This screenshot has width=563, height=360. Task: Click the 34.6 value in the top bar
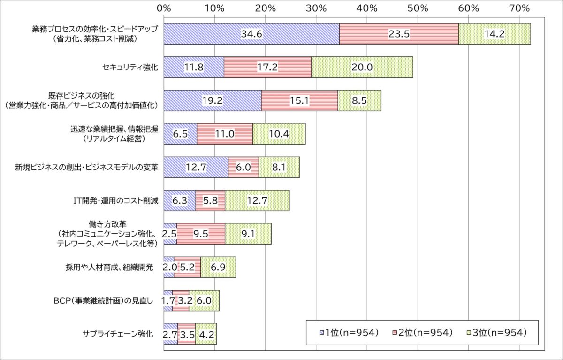251,34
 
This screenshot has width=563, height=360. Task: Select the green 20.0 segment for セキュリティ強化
362,67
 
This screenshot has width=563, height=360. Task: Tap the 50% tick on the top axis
418,8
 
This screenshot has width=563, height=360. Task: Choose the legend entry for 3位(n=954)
498,332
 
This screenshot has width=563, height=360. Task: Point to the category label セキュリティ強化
130,67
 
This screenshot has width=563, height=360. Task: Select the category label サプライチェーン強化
117,334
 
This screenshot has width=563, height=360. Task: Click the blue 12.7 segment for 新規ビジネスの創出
196,168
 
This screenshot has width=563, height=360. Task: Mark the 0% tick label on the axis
164,8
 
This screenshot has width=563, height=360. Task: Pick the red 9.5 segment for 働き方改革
201,234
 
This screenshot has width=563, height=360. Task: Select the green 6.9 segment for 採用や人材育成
218,268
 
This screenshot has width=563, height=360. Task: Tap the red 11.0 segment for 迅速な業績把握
224,134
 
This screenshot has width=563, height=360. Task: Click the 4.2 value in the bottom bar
206,334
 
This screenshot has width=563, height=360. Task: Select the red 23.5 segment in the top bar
399,34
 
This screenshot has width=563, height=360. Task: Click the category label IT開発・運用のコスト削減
113,201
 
